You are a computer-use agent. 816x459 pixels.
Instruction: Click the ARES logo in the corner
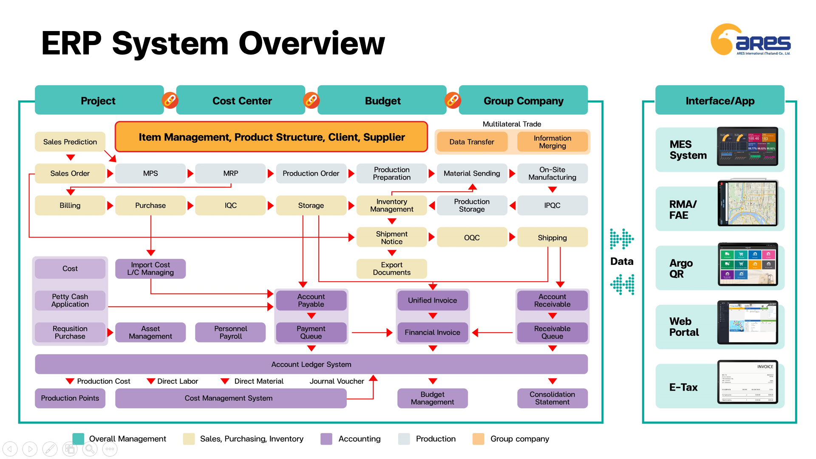751,40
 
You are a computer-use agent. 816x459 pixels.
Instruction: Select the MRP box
230,173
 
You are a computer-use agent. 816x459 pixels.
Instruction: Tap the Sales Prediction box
70,142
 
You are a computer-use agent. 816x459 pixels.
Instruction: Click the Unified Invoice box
432,300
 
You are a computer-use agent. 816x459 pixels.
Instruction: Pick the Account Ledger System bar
311,364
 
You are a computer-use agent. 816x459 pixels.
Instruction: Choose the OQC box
472,238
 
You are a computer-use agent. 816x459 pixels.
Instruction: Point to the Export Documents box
391,269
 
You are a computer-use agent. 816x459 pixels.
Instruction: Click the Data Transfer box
471,142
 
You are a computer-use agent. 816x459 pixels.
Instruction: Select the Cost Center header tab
241,101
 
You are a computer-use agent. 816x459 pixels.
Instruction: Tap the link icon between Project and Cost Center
170,100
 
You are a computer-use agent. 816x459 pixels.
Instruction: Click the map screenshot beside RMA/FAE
748,204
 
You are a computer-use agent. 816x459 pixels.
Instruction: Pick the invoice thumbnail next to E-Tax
748,382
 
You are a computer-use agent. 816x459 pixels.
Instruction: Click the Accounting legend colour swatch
326,439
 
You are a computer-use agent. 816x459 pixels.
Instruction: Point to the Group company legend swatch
478,439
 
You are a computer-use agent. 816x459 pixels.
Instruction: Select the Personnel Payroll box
230,332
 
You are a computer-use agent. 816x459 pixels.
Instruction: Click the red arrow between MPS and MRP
190,173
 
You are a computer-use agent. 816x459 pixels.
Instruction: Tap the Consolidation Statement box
552,398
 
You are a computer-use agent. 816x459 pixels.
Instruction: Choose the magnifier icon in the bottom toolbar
90,449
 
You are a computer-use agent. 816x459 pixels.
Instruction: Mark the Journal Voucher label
337,381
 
